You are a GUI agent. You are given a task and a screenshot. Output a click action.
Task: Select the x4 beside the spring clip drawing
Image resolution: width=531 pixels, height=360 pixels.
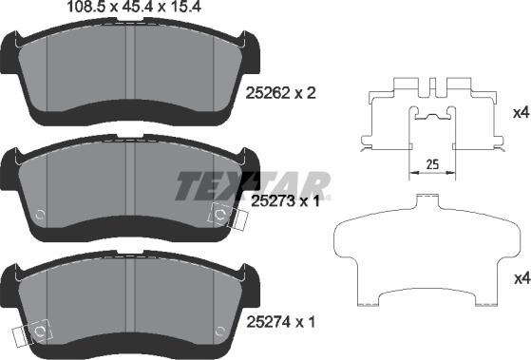519,113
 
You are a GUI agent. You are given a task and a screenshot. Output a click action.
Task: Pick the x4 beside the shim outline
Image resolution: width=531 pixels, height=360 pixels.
519,278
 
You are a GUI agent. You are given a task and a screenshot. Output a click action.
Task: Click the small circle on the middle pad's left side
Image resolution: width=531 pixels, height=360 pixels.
37,214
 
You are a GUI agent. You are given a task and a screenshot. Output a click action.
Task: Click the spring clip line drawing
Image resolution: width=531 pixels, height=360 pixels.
433,119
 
